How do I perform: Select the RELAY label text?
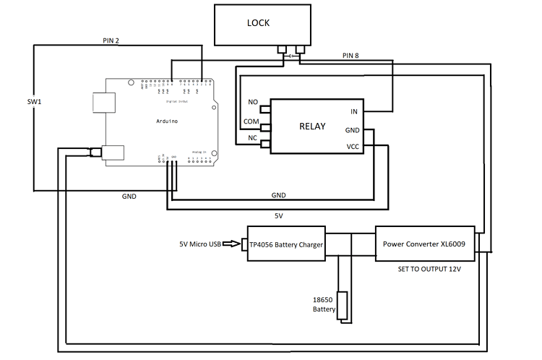[x=312, y=127]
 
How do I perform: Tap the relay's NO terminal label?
[x=253, y=102]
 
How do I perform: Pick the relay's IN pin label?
[x=353, y=111]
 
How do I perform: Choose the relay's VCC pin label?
[x=352, y=147]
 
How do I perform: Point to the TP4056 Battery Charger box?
[x=285, y=244]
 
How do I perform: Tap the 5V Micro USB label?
[x=202, y=244]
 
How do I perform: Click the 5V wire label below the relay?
[x=278, y=215]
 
